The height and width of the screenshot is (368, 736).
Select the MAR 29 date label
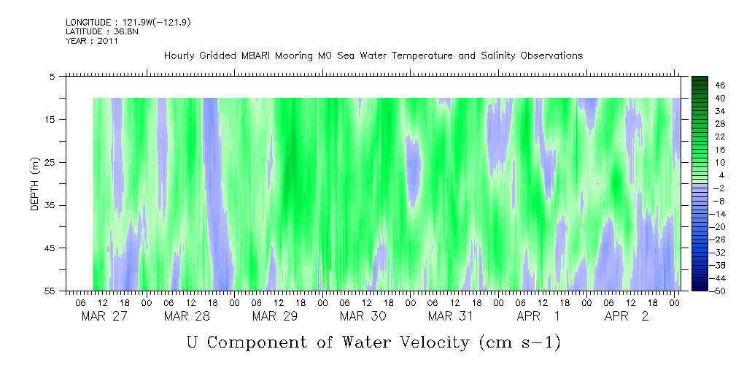[x=275, y=316]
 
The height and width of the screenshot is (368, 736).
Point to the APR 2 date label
[x=626, y=316]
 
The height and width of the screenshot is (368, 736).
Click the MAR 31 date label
[x=451, y=316]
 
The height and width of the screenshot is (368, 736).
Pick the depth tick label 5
[x=52, y=76]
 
